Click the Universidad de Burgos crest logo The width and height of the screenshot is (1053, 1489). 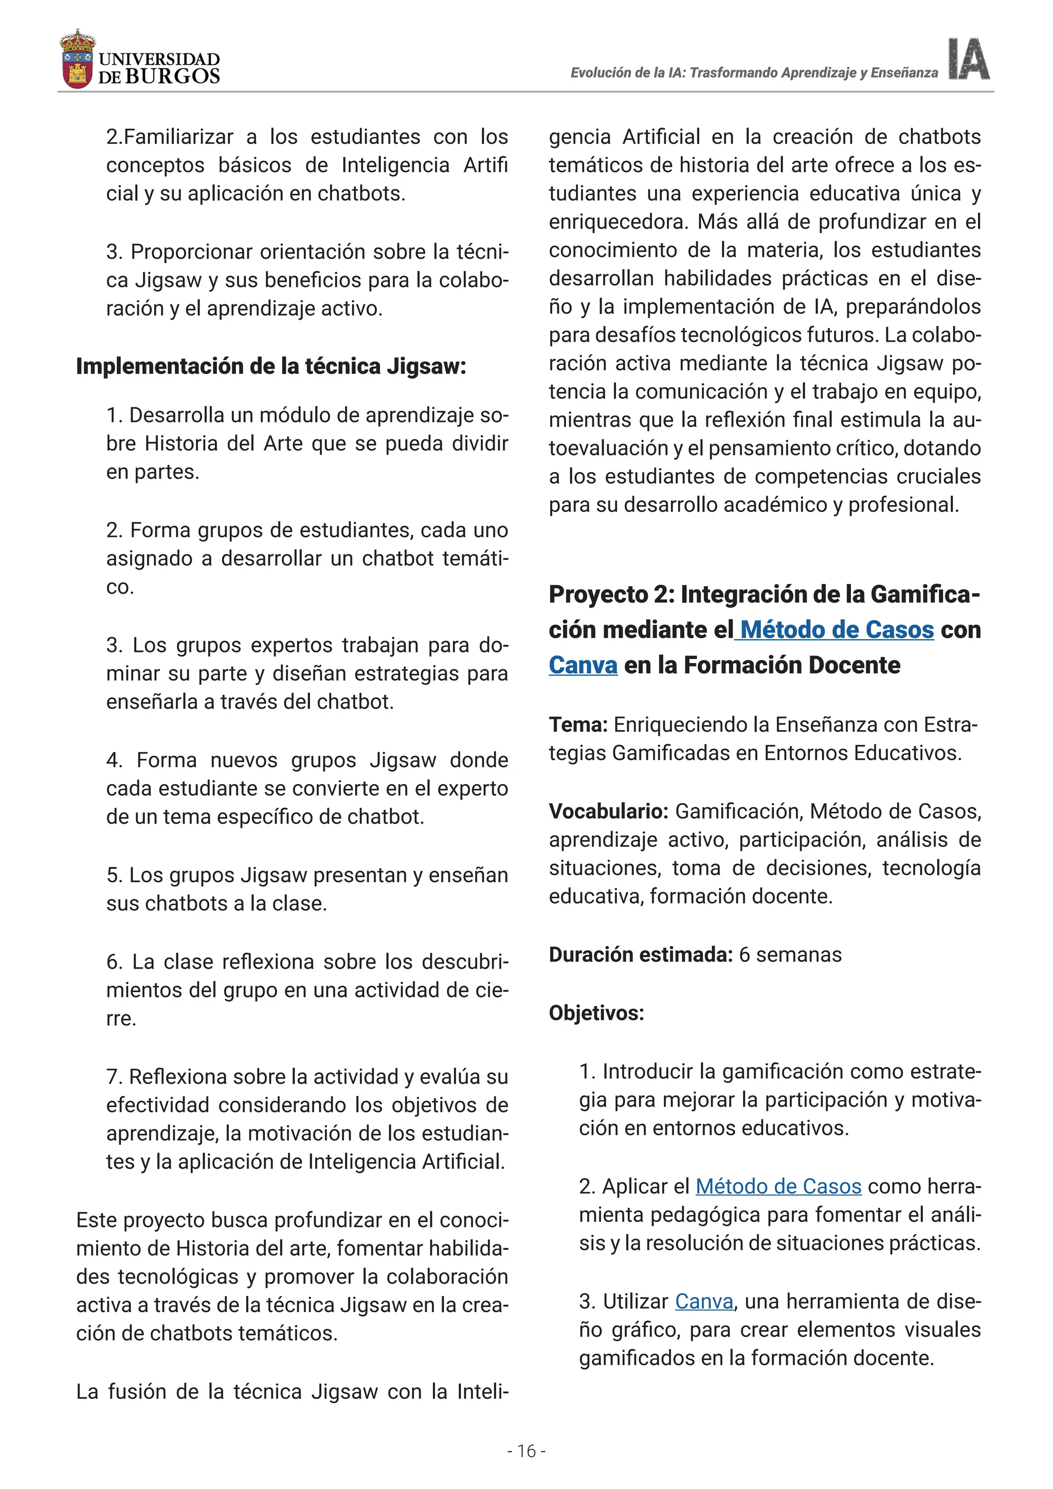click(77, 60)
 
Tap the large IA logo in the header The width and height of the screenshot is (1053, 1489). click(969, 60)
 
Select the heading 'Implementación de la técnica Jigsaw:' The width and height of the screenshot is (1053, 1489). click(271, 367)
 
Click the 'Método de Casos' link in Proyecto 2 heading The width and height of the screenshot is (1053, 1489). click(837, 630)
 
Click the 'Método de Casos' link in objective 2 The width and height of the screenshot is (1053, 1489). click(778, 1186)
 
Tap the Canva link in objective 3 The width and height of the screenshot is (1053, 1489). click(704, 1301)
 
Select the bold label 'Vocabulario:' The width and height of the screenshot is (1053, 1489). click(608, 811)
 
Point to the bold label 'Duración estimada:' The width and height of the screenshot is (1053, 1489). click(641, 955)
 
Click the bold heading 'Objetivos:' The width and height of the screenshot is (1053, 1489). click(596, 1013)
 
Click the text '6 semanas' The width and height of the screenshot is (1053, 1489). click(790, 955)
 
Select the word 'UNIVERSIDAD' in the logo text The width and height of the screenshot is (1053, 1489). click(159, 60)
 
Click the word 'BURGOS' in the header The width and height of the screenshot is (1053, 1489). click(172, 77)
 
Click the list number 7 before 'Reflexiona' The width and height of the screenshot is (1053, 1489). click(114, 1077)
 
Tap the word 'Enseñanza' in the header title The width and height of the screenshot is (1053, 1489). click(904, 72)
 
